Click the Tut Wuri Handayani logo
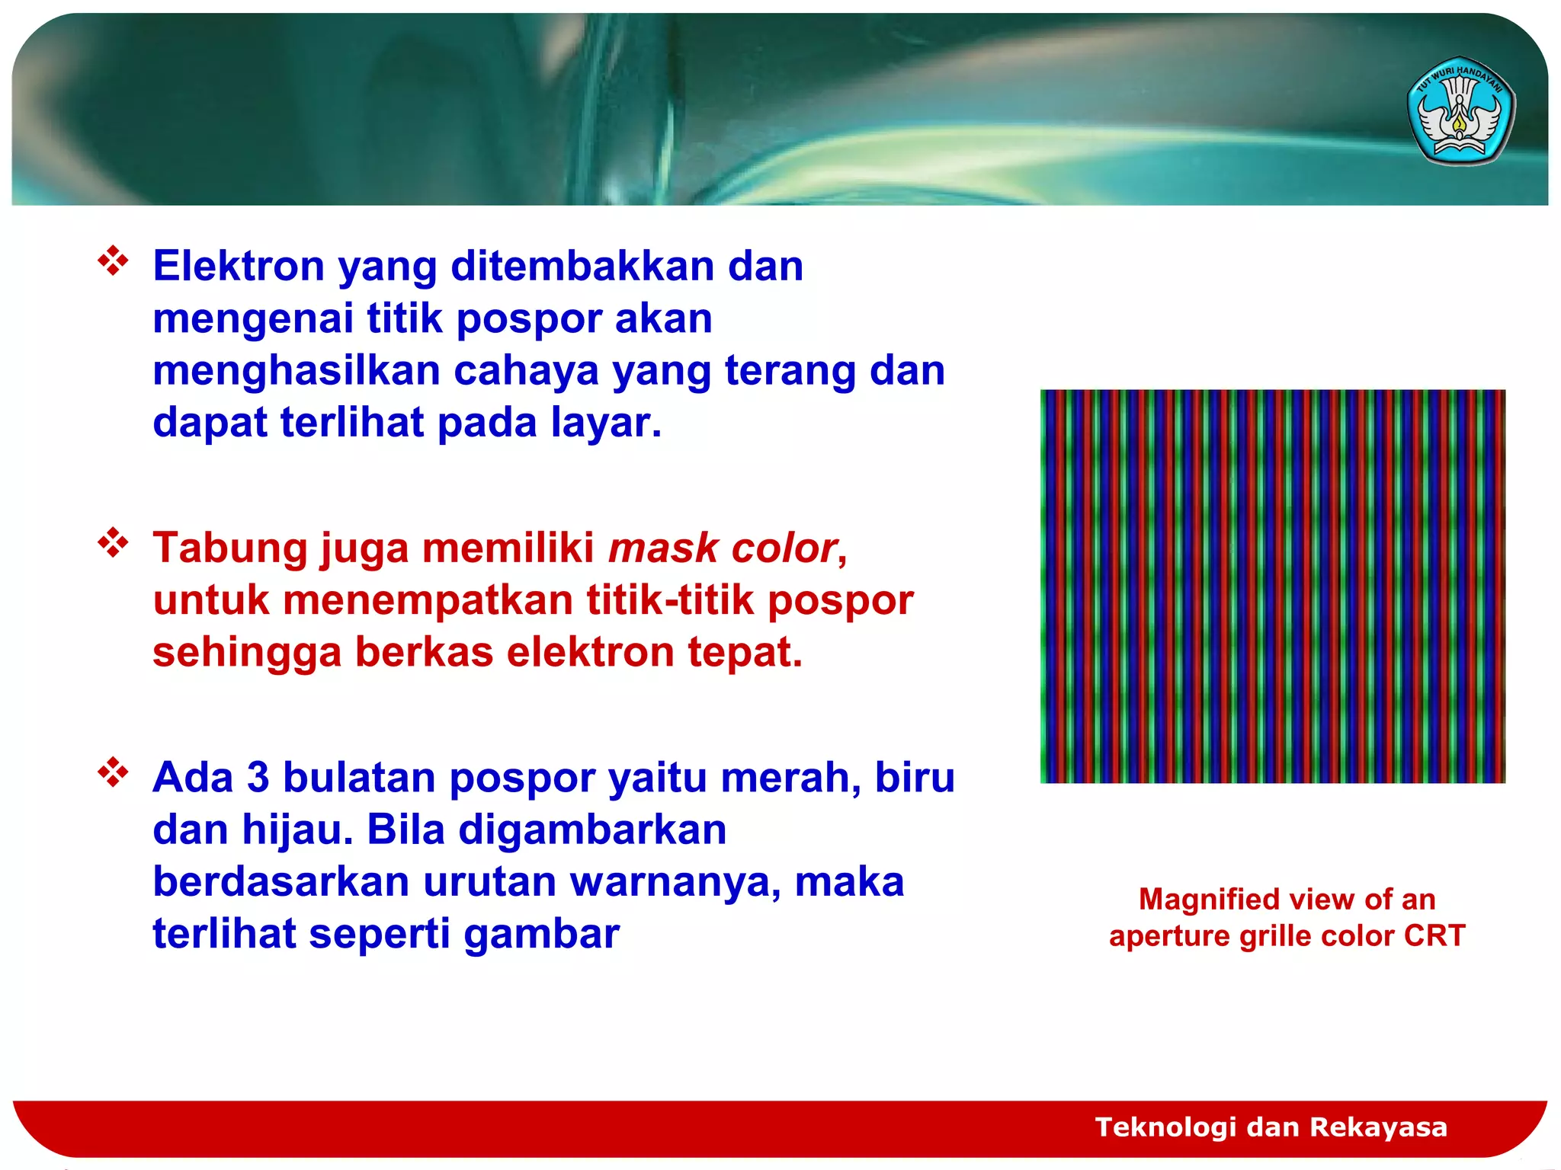1460,111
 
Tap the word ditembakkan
582,267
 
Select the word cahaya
526,371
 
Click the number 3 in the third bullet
258,778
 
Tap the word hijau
297,830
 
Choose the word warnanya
675,882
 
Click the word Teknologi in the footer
1165,1127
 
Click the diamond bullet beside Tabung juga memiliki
113,542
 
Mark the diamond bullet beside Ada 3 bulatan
113,772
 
